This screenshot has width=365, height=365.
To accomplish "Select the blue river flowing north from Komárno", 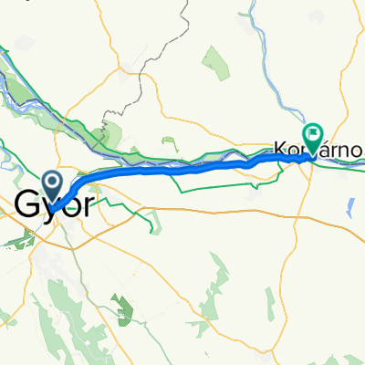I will (x=274, y=73).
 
